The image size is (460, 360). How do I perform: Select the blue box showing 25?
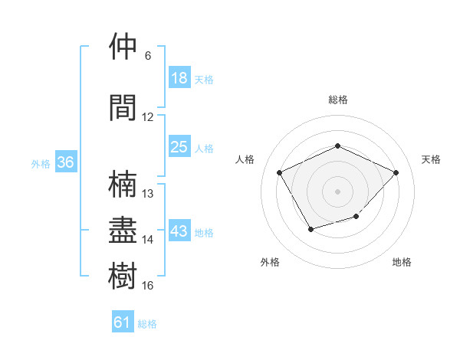pos(179,148)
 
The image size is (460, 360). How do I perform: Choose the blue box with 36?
pos(66,163)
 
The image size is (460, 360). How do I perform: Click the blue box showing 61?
pos(123,323)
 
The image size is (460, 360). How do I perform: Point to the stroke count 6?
pos(148,56)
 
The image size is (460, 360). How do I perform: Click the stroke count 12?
pos(148,117)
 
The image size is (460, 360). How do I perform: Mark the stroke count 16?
pos(148,286)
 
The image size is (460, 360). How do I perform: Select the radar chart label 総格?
pos(337,100)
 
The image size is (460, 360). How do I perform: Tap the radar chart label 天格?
pos(431,159)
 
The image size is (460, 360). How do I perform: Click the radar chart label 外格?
pos(270,262)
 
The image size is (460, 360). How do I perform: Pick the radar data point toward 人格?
pos(280,172)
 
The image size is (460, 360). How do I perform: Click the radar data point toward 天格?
pos(396,172)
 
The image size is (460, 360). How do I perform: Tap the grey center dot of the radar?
pos(337,191)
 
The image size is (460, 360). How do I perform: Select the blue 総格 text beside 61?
pos(147,324)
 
